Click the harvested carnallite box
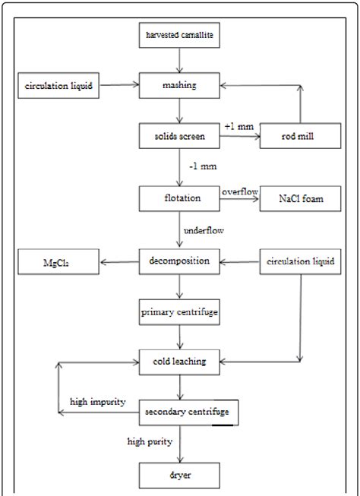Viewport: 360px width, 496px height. click(179, 35)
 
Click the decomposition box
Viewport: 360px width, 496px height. click(179, 264)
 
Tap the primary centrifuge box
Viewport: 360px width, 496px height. click(179, 311)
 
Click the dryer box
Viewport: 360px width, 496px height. click(179, 476)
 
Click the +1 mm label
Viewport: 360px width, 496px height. click(237, 125)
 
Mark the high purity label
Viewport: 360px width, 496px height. click(149, 441)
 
